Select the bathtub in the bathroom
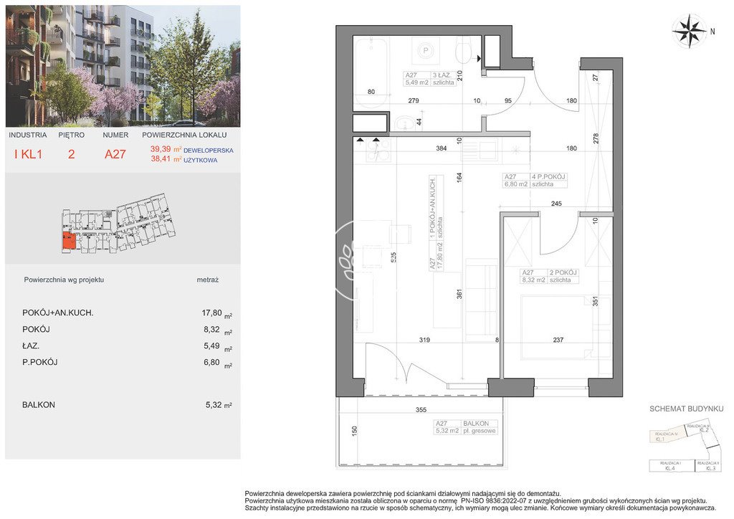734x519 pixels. (x=371, y=72)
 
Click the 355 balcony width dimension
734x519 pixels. (x=421, y=410)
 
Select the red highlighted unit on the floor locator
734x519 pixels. (x=67, y=242)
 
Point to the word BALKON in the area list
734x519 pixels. (x=39, y=405)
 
